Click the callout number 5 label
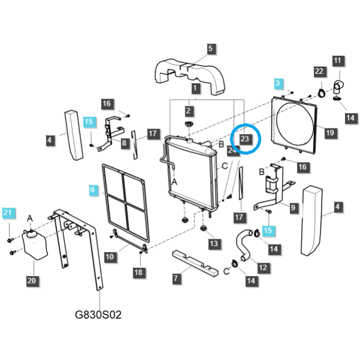[211, 49]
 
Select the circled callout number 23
[245, 139]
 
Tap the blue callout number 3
[278, 83]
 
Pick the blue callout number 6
[92, 190]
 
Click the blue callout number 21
[8, 212]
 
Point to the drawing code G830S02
[98, 314]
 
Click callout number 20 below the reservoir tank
[32, 281]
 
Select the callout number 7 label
[176, 278]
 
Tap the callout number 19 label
[330, 133]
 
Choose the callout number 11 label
[337, 61]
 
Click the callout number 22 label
[319, 71]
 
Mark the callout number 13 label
[214, 244]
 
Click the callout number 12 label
[263, 268]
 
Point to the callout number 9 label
[293, 208]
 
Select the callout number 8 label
[124, 143]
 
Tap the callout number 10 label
[110, 257]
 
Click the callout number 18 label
[139, 272]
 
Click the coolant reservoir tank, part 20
[35, 245]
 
